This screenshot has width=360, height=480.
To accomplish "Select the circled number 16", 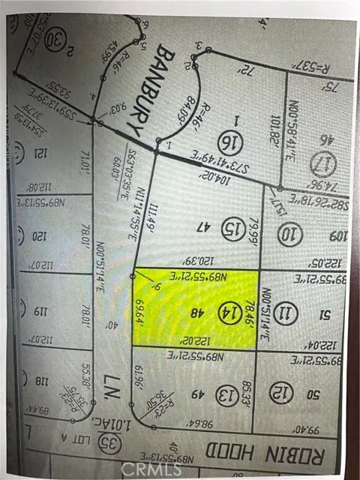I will (x=229, y=139).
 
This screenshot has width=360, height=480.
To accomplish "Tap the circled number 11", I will (x=286, y=311).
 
